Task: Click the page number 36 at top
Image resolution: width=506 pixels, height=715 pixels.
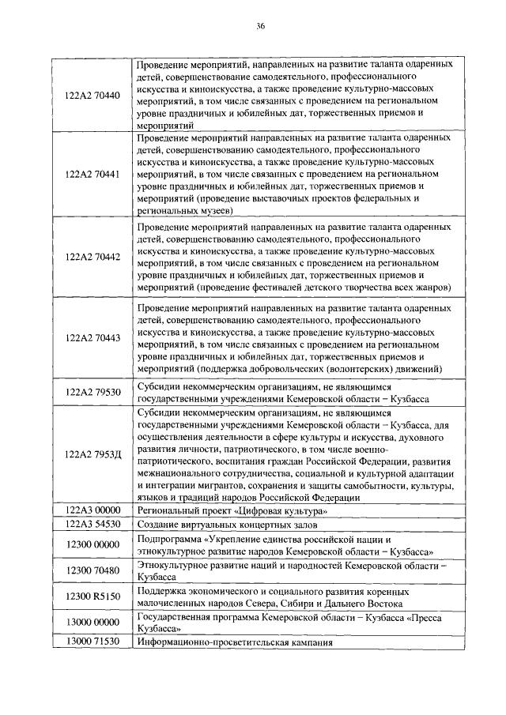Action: click(x=260, y=26)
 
